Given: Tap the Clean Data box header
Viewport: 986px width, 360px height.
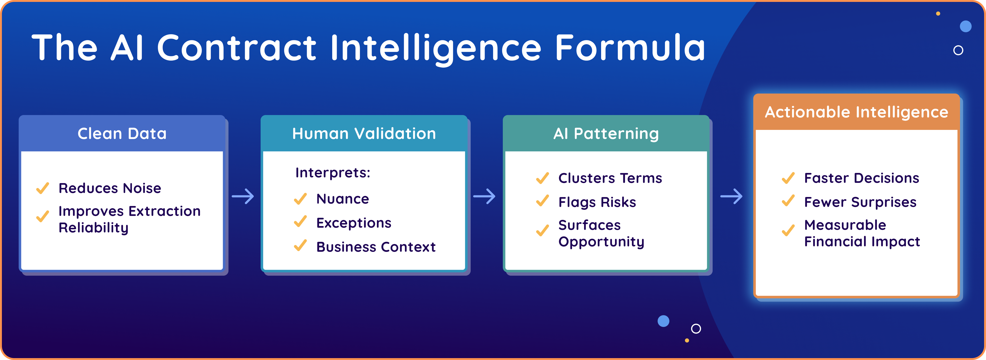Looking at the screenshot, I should click(x=122, y=133).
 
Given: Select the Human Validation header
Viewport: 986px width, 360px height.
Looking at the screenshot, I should click(x=364, y=133).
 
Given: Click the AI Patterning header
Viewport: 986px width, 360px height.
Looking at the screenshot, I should click(x=606, y=133).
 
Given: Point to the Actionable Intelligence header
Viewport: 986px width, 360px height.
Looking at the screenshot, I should click(x=856, y=112).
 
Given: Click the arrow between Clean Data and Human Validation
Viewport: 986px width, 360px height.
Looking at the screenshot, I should click(x=243, y=196).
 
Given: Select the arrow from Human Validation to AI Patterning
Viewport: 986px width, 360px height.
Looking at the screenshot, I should click(x=484, y=196).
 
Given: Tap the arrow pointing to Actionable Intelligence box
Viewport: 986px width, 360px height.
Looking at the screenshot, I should click(x=731, y=196).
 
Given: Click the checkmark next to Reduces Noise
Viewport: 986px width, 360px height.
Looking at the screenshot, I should click(x=43, y=188).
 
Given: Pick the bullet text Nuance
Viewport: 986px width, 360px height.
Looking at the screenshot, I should click(x=343, y=199).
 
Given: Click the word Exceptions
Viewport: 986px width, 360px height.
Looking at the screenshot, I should click(x=354, y=223).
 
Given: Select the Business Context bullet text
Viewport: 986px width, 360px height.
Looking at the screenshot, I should click(x=376, y=247).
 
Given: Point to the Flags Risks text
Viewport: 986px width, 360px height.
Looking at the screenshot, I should click(x=597, y=202).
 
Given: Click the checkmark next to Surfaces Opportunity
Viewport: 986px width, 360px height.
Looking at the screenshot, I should click(x=542, y=230).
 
